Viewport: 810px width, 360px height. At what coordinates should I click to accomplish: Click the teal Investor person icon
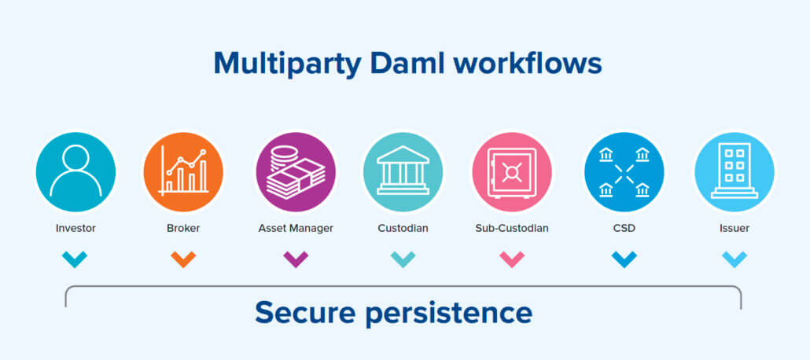coord(75,171)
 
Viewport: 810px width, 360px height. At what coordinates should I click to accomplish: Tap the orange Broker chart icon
coord(183,171)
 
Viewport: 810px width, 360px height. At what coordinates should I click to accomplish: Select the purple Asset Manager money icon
coord(296,171)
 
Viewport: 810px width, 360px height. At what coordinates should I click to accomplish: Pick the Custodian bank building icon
coord(403,171)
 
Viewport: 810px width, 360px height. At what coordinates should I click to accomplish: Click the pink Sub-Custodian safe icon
coord(512,171)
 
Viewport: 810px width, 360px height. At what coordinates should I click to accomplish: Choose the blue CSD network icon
coord(624,171)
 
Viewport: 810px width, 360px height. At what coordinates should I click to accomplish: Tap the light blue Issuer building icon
coord(734,171)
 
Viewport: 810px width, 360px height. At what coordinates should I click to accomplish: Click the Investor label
coord(75,228)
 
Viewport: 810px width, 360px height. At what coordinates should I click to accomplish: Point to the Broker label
coord(183,228)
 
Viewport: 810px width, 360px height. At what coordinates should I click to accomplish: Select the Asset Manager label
coord(296,228)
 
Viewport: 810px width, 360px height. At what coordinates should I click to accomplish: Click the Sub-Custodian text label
coord(512,228)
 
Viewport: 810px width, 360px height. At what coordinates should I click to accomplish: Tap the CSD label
coord(624,228)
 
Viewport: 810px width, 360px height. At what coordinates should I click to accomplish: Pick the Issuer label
coord(734,228)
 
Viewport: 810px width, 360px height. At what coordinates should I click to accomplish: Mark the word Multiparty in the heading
coord(288,64)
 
